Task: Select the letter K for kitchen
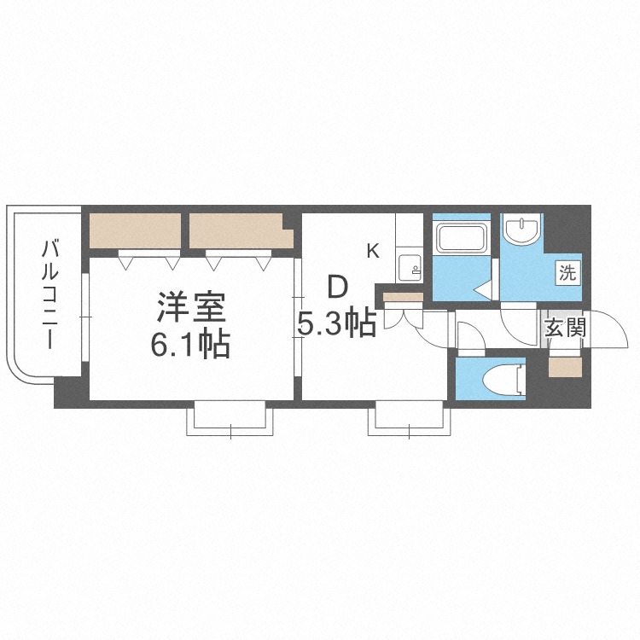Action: [373, 251]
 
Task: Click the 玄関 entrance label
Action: [564, 327]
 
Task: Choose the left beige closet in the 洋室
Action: [134, 231]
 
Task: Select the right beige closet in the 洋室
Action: [237, 231]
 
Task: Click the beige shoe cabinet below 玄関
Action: [564, 367]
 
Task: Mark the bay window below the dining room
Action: [408, 420]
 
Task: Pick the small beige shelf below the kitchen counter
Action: [403, 298]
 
